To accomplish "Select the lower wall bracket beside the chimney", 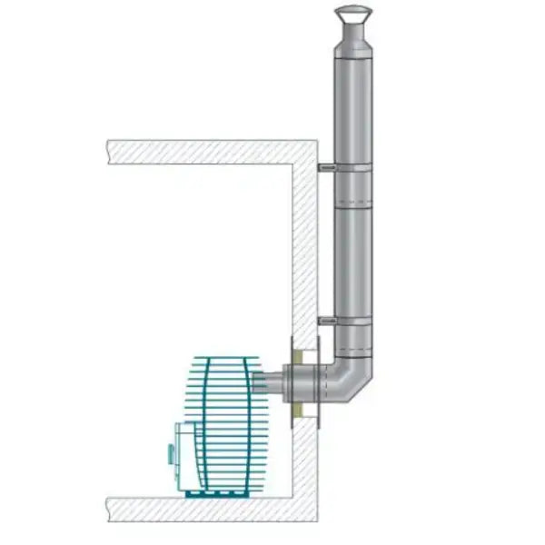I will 326,320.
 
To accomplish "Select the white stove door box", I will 186,459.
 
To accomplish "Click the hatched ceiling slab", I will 209,151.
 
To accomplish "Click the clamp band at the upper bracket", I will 352,170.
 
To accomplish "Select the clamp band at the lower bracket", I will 352,322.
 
